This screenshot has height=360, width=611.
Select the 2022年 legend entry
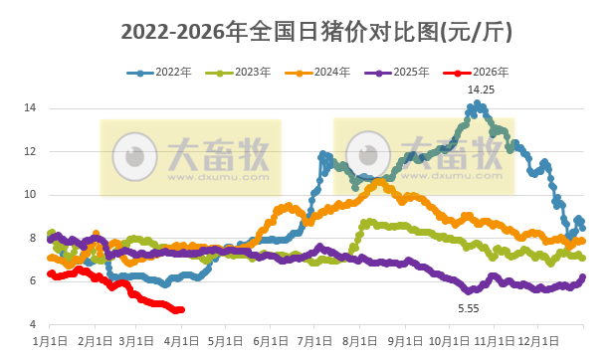point(160,73)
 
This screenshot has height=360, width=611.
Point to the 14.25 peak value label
point(483,90)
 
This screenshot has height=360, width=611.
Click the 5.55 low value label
point(469,309)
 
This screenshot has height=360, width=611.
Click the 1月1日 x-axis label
point(51,341)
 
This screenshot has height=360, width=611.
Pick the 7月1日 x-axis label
point(315,341)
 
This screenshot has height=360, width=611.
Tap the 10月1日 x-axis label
point(449,341)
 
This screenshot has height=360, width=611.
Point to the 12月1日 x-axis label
point(538,341)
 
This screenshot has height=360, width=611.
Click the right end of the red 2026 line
point(181,309)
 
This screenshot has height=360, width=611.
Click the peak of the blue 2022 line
point(478,102)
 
